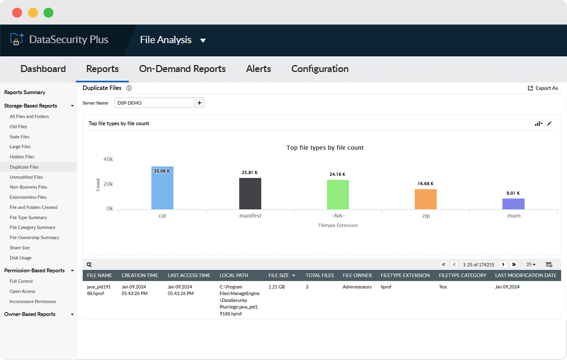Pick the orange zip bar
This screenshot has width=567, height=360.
point(425,199)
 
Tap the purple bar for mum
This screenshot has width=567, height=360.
point(513,204)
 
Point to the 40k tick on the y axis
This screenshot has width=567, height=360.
point(108,159)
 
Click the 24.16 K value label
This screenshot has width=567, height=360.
point(338,174)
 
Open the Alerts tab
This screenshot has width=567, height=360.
point(258,69)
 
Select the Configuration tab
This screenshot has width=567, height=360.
point(320,69)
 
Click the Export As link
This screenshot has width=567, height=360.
point(543,88)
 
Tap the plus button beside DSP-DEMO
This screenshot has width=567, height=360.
point(199,103)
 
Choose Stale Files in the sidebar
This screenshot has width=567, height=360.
point(20,137)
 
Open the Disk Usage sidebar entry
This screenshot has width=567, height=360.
point(21,258)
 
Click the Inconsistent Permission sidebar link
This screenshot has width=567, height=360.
point(33,302)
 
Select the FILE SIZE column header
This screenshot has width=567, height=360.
point(279,275)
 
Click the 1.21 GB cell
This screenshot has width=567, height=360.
point(276,287)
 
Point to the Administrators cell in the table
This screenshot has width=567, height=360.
point(357,287)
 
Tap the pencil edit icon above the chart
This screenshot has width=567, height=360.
point(549,123)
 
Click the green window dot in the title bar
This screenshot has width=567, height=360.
point(49,12)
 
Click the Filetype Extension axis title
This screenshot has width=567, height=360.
point(338,225)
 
